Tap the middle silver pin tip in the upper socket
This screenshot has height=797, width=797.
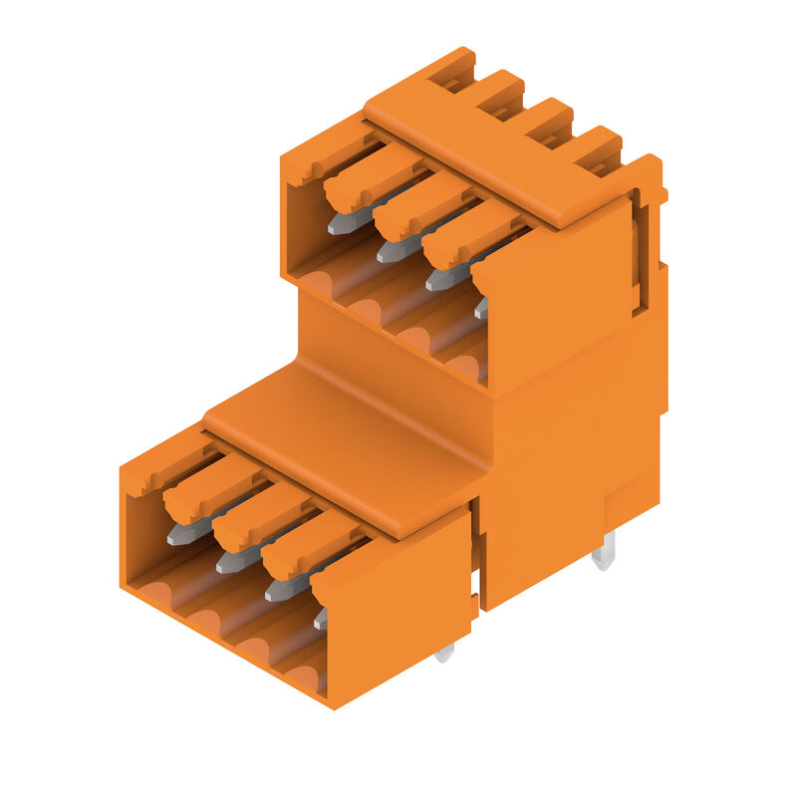pos(390,252)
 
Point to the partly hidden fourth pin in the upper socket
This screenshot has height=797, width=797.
pos(481,308)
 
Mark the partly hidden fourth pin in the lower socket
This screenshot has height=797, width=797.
pos(321,619)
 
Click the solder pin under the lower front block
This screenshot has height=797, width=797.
pos(444,653)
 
